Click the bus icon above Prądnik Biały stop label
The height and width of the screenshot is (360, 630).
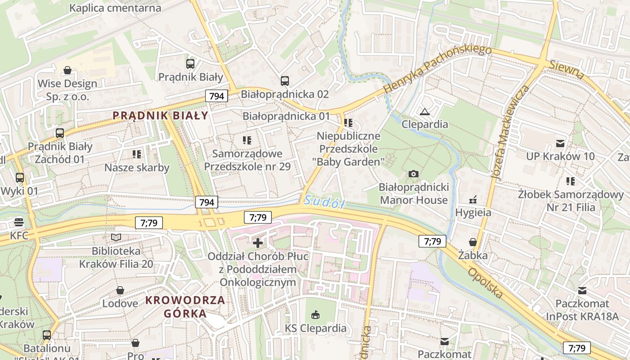(x=190, y=64)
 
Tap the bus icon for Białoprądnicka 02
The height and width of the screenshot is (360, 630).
(x=285, y=81)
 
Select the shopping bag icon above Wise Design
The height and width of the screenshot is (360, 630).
(x=67, y=70)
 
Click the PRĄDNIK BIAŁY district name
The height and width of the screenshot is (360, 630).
(x=160, y=115)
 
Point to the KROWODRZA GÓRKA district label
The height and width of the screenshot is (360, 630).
(x=185, y=306)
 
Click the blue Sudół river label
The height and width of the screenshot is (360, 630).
(x=324, y=202)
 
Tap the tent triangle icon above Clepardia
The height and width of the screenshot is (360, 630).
(x=424, y=112)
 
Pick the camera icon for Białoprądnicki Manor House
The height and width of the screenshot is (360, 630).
(x=413, y=174)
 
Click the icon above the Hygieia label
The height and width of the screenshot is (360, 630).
(x=473, y=200)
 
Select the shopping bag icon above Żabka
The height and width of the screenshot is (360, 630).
(x=472, y=243)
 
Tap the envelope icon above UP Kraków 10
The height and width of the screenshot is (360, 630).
(x=560, y=144)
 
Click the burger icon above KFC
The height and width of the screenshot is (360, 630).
(x=19, y=222)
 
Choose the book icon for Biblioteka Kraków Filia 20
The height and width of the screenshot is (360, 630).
(x=116, y=237)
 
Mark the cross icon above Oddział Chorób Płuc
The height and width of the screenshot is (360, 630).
(x=258, y=243)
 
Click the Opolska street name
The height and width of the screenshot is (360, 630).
(x=485, y=283)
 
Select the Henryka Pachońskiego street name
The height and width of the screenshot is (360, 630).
(x=437, y=69)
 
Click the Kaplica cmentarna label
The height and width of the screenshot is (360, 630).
(x=115, y=8)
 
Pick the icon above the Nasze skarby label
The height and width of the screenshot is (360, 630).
(x=137, y=155)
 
